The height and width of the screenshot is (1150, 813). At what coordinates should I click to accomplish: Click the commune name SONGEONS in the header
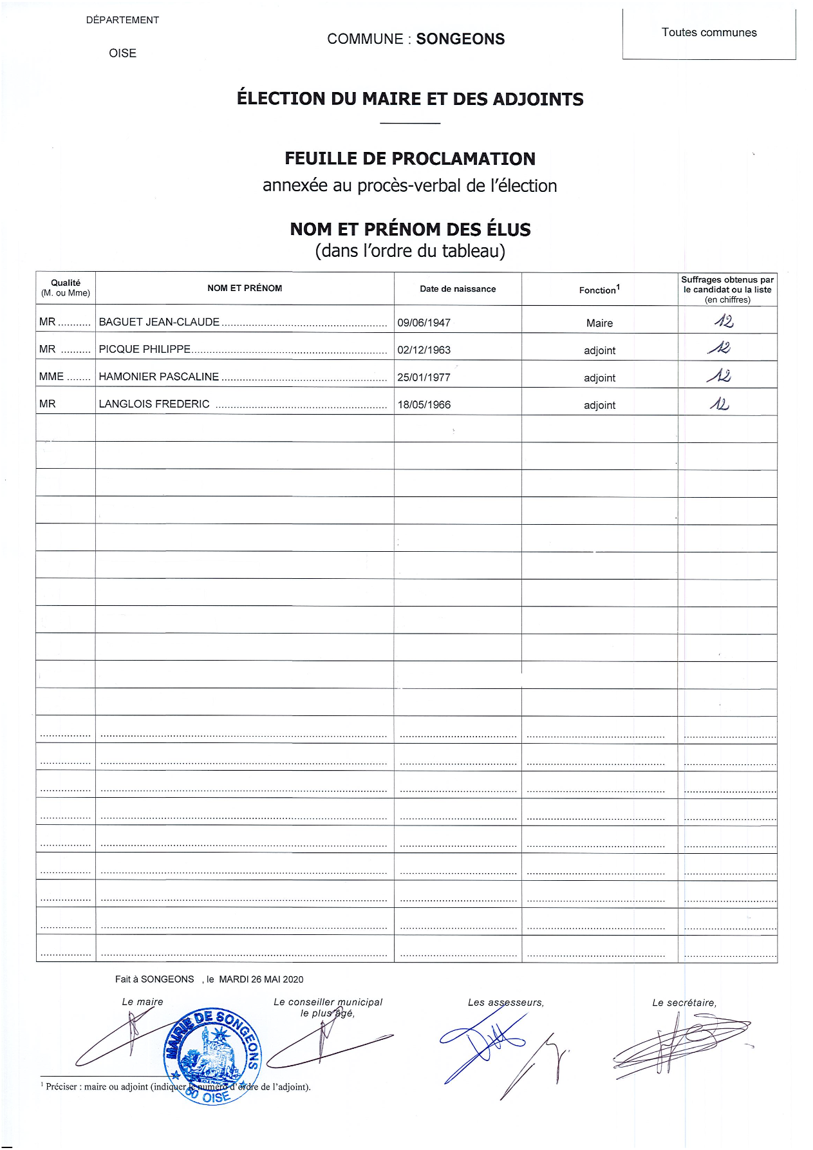pos(460,39)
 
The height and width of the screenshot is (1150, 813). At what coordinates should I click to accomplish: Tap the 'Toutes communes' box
pos(709,33)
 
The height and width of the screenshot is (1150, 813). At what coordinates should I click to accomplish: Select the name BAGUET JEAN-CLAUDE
pos(159,322)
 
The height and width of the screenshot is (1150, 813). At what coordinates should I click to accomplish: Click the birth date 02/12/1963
pos(424,350)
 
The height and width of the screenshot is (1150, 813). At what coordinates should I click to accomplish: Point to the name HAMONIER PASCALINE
pos(158,377)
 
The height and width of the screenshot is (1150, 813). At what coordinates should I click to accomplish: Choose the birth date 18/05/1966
pos(424,405)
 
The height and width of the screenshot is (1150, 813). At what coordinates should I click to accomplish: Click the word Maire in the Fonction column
pos(599,323)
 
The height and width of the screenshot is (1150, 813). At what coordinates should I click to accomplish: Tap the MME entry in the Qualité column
pos(51,377)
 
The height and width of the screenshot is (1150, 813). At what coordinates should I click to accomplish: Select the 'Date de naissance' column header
pos(458,289)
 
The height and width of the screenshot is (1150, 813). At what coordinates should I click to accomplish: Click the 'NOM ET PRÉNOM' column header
pos(245,288)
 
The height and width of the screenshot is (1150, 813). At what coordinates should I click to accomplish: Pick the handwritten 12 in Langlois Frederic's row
pos(720,404)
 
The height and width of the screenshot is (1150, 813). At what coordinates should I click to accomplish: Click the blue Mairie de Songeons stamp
pos(213,1055)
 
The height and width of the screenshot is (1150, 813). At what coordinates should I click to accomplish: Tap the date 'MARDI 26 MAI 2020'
pos(261,979)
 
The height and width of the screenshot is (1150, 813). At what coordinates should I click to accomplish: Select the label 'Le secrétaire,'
pos(684,1003)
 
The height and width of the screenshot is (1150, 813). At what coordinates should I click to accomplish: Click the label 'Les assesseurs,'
pos(505,1003)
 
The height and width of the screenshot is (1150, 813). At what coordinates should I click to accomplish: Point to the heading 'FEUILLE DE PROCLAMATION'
pos(410,159)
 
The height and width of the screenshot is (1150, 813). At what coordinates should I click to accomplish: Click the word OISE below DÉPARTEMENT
pos(122,53)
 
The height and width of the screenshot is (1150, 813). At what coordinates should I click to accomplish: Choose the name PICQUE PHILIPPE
pos(145,350)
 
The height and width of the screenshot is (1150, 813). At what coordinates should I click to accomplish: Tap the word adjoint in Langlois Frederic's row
pos(599,405)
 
